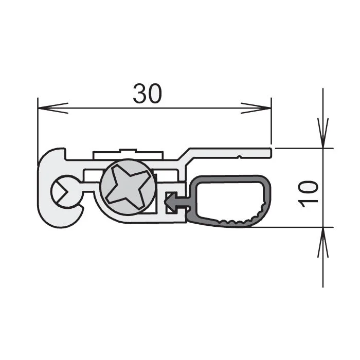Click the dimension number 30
click(x=148, y=93)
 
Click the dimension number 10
click(x=308, y=193)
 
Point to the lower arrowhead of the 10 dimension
click(x=323, y=242)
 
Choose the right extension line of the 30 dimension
click(x=271, y=123)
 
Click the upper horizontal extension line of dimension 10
click(x=303, y=148)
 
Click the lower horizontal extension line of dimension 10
click(x=303, y=227)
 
